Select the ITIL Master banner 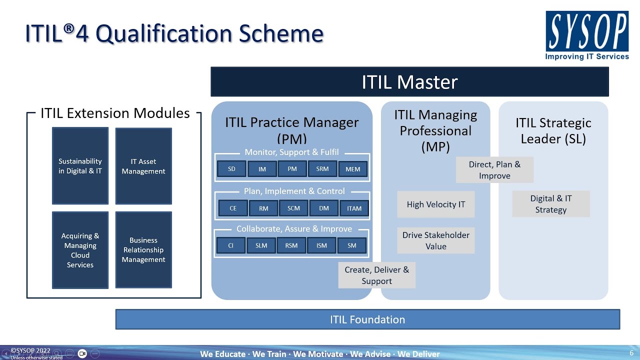[409, 82]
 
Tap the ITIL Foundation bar [367, 319]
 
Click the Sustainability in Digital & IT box [80, 166]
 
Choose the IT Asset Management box [143, 166]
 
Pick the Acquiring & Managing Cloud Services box [80, 250]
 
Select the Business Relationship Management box [143, 250]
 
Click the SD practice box [231, 169]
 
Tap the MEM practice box [352, 169]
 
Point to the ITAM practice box [354, 208]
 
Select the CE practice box [233, 208]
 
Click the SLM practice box [261, 245]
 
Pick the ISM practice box [321, 245]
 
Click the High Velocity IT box [435, 204]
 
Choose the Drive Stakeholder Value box [435, 240]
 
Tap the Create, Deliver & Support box [376, 275]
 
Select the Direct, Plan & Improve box [494, 170]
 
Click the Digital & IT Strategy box [550, 204]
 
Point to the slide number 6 [631, 353]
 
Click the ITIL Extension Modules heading [115, 113]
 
